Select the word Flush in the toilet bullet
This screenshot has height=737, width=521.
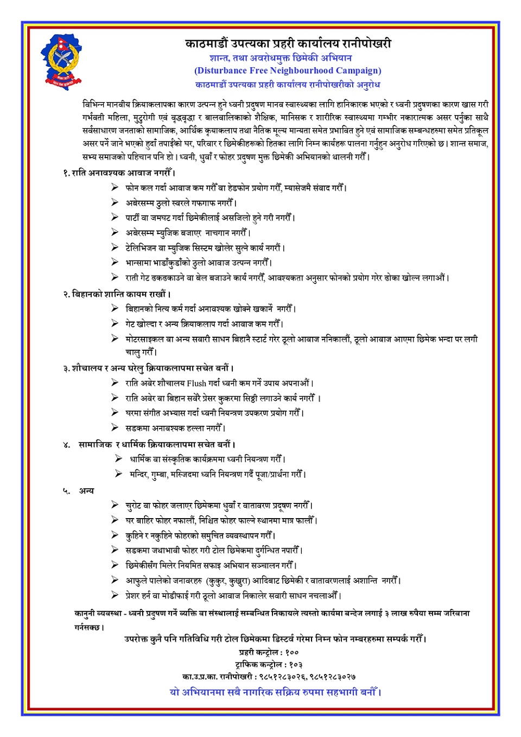(196, 383)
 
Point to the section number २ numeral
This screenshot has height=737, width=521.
(66, 294)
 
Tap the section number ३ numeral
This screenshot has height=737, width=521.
(66, 368)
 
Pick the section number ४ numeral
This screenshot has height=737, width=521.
(66, 445)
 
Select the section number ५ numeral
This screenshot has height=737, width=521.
(66, 491)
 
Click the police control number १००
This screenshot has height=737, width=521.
(291, 652)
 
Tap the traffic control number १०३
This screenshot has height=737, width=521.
(295, 665)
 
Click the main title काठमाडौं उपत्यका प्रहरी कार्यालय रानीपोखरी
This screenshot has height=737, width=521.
(288, 44)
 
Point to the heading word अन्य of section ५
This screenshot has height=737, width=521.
(86, 491)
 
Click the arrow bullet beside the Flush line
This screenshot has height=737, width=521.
(115, 382)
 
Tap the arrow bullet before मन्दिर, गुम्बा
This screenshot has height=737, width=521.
(118, 474)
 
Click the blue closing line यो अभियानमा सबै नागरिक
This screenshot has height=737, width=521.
(275, 692)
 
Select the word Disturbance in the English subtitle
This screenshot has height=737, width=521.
(221, 71)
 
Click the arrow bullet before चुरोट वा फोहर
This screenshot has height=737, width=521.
(115, 505)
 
